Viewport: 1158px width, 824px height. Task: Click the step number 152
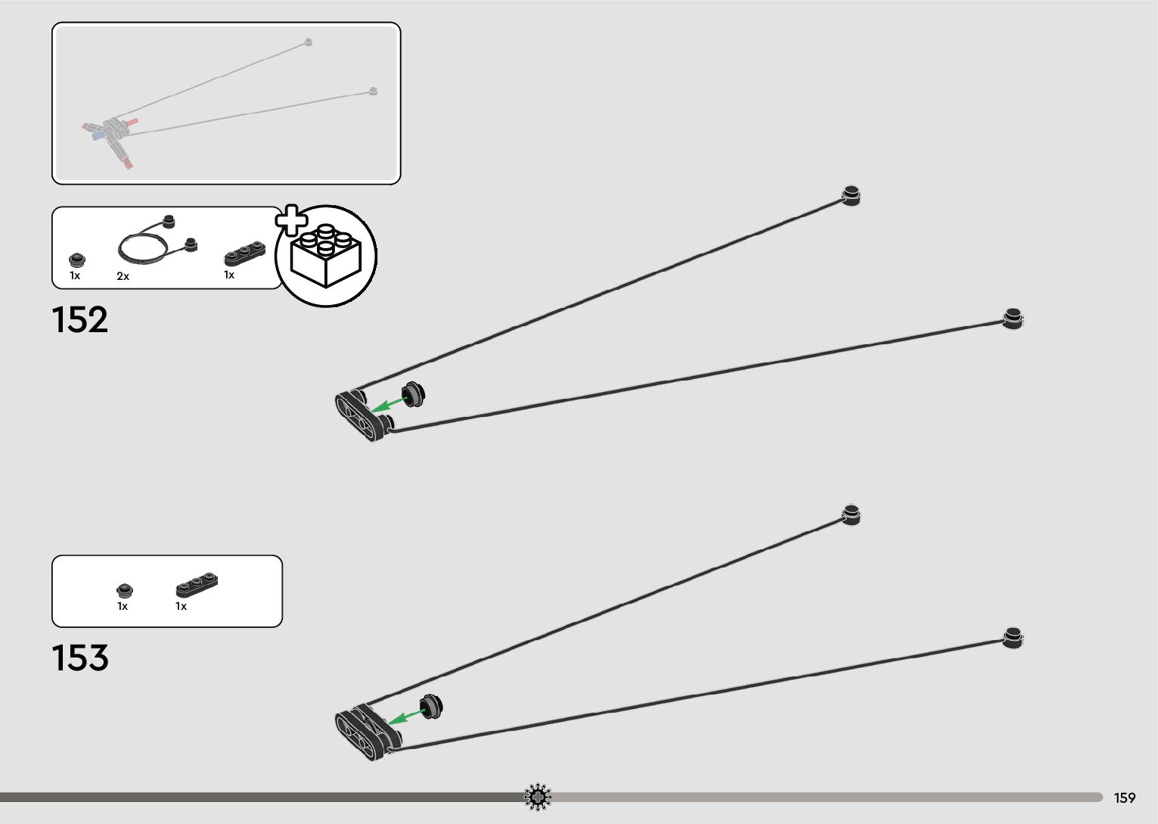click(x=79, y=320)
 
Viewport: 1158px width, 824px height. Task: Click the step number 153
click(x=79, y=658)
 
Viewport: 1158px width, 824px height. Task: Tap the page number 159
click(x=1125, y=798)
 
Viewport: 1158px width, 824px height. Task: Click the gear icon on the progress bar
click(x=538, y=797)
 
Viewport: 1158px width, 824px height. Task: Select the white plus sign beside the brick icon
click(x=291, y=220)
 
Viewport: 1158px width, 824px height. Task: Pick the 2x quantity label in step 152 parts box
click(x=123, y=277)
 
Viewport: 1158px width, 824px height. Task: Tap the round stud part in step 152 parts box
click(x=76, y=260)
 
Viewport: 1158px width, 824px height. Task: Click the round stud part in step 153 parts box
click(x=125, y=590)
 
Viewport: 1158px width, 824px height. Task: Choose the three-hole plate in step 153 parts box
click(x=197, y=585)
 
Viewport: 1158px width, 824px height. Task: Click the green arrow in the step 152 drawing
click(x=388, y=403)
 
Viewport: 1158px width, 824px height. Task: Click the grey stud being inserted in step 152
click(x=414, y=393)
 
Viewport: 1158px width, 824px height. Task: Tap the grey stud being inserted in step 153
click(x=432, y=706)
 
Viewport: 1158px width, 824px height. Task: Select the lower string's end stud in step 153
click(x=1013, y=637)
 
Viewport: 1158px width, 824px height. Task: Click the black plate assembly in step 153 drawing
click(x=367, y=731)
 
